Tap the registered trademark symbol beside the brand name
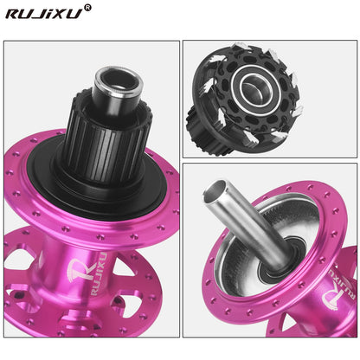coord(87,8)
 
